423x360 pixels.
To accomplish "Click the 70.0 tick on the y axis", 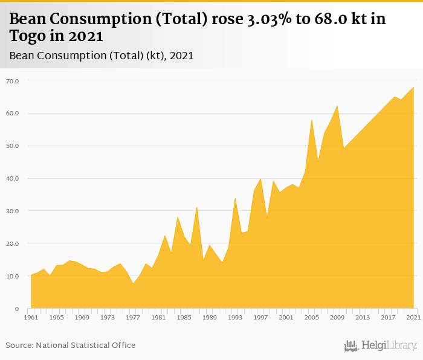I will tap(13, 81).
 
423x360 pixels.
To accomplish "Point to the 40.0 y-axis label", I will tap(13, 179).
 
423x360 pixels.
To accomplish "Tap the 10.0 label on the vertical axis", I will tap(13, 277).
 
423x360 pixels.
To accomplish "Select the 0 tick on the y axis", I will tap(17, 309).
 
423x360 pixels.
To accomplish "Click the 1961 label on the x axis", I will tap(31, 317).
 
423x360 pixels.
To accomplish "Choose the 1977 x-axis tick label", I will tap(133, 317).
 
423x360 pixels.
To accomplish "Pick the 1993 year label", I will tap(235, 317).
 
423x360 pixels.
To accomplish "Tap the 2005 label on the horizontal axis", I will tap(311, 317).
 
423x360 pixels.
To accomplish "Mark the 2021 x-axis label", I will tap(413, 317).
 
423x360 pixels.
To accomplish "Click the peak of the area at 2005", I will tap(311, 120).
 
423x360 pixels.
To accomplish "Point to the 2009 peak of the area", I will tap(337, 106).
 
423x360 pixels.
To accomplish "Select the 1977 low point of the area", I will tap(133, 283).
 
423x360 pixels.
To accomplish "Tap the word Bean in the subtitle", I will tap(22, 56).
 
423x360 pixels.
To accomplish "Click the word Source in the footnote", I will tap(19, 346).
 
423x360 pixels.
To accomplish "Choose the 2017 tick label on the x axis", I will tap(388, 317).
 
